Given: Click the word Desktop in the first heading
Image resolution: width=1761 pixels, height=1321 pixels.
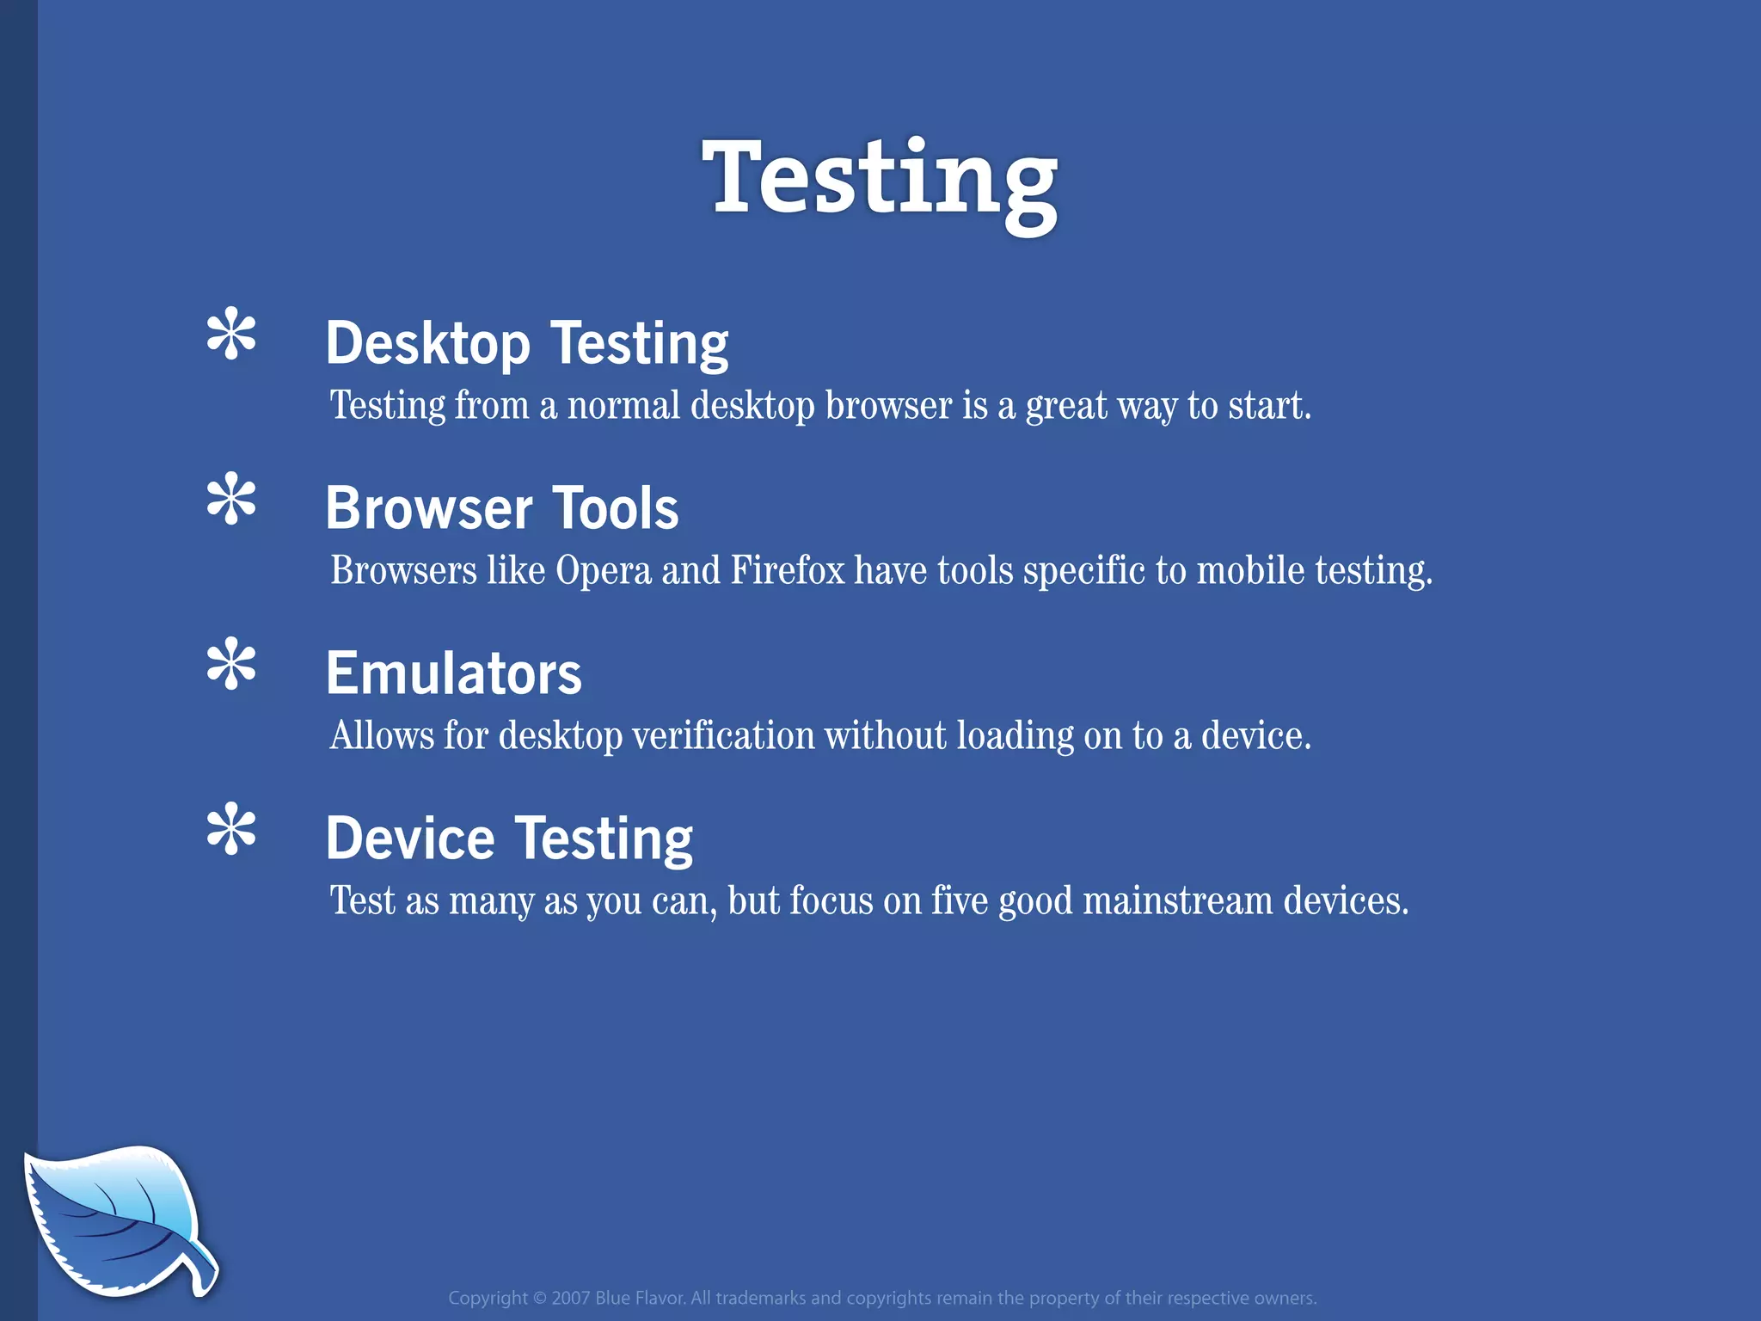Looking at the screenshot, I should coord(427,344).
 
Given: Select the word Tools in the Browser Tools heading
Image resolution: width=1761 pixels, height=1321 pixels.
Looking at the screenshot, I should coord(615,508).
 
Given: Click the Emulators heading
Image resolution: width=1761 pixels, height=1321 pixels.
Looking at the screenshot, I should coord(453,673).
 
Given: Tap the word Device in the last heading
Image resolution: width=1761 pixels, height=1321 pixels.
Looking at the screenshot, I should coord(410,839).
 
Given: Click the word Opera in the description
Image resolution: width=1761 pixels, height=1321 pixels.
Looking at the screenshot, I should coord(604,571).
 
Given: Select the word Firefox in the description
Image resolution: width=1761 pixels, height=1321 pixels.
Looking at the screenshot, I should coord(788,571).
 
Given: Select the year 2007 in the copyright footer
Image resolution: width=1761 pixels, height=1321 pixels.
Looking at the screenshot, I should coord(570,1298).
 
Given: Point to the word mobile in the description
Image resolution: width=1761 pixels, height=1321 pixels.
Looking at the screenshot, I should coord(1251,571).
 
